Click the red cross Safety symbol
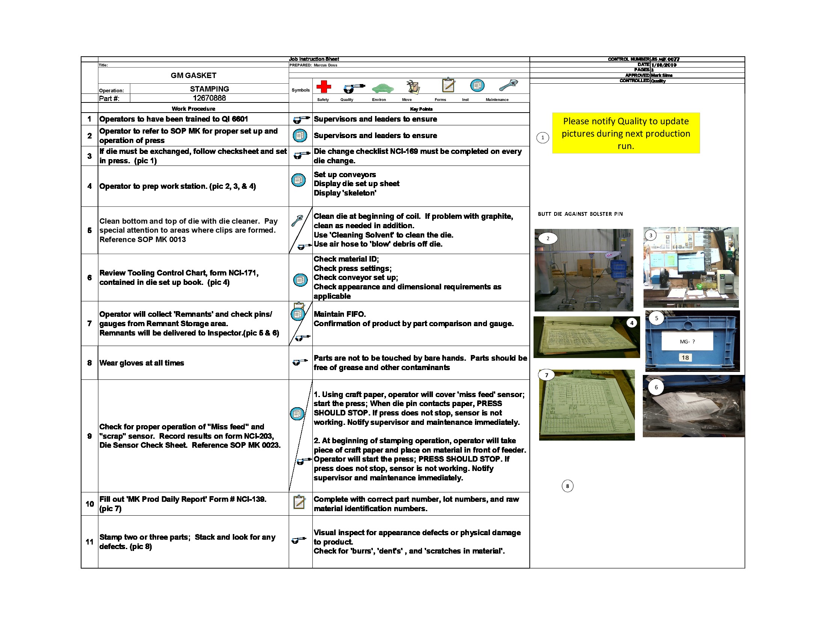coord(323,87)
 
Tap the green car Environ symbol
coord(382,88)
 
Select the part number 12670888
coord(209,98)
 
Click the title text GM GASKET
coord(193,75)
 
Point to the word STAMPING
coord(209,89)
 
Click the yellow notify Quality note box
coord(626,133)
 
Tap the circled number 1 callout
coord(543,138)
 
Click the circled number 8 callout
coord(567,486)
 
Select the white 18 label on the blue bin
coord(685,358)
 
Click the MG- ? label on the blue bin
coord(687,342)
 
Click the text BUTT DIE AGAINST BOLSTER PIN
coord(580,214)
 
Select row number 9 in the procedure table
coord(90,436)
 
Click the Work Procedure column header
coord(193,109)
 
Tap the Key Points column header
coord(421,109)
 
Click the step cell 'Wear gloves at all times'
coord(142,363)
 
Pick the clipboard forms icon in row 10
coord(299,501)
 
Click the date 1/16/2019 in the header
coord(664,65)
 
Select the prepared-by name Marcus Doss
coord(325,65)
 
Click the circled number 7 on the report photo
coord(546,375)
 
